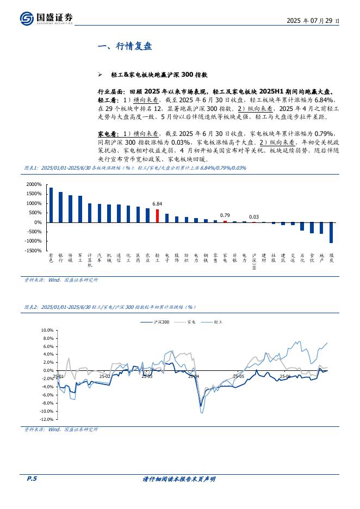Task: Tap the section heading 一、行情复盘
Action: (124, 47)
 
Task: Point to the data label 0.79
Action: (225, 215)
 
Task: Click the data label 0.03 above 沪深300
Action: (254, 217)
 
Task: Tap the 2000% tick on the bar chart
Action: (34, 184)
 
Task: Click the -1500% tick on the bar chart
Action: (33, 251)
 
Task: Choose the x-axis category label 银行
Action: (60, 258)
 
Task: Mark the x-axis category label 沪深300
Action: (254, 262)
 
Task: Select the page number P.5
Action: (32, 479)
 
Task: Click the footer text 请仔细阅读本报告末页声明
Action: (179, 479)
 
